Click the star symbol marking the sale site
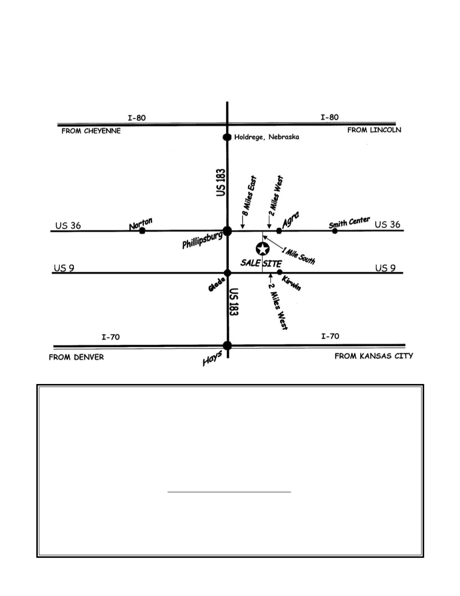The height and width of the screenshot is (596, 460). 262,249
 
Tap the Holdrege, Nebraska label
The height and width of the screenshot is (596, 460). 267,137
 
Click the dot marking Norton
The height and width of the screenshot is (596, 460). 142,231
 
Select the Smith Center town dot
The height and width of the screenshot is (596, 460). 335,231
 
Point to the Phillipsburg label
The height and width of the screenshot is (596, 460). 202,240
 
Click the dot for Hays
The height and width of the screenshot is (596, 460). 227,346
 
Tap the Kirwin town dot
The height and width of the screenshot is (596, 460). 280,272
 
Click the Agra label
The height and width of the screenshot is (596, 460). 290,219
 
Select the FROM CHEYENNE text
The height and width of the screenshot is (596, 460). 91,131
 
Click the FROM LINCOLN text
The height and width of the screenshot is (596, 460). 374,130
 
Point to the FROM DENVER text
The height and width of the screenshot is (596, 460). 76,357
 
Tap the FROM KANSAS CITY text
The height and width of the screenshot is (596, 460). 374,356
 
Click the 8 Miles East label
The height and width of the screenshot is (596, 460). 249,196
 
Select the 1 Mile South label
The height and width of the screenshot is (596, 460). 298,255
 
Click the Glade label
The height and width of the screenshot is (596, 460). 217,284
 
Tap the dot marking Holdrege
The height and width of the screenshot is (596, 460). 227,137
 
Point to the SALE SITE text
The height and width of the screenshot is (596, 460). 261,263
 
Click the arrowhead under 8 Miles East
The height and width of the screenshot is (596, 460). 243,226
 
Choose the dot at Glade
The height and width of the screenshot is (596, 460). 227,273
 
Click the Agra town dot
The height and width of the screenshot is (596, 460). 279,231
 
